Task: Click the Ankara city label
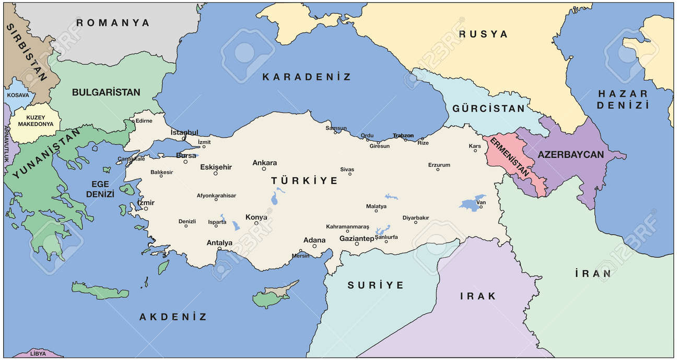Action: click(264, 162)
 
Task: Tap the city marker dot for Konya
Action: click(256, 223)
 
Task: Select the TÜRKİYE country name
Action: click(304, 181)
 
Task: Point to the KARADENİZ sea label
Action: click(306, 77)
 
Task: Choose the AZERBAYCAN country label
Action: click(570, 155)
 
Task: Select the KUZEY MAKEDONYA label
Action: click(36, 121)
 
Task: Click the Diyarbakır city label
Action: click(415, 217)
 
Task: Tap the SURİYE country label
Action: click(376, 285)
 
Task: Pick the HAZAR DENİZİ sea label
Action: click(623, 99)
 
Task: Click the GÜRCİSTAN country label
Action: click(488, 109)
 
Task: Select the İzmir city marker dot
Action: click(146, 208)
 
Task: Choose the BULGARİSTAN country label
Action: click(106, 92)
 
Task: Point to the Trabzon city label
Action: click(403, 136)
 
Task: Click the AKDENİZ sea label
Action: click(173, 317)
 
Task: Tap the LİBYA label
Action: click(38, 354)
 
